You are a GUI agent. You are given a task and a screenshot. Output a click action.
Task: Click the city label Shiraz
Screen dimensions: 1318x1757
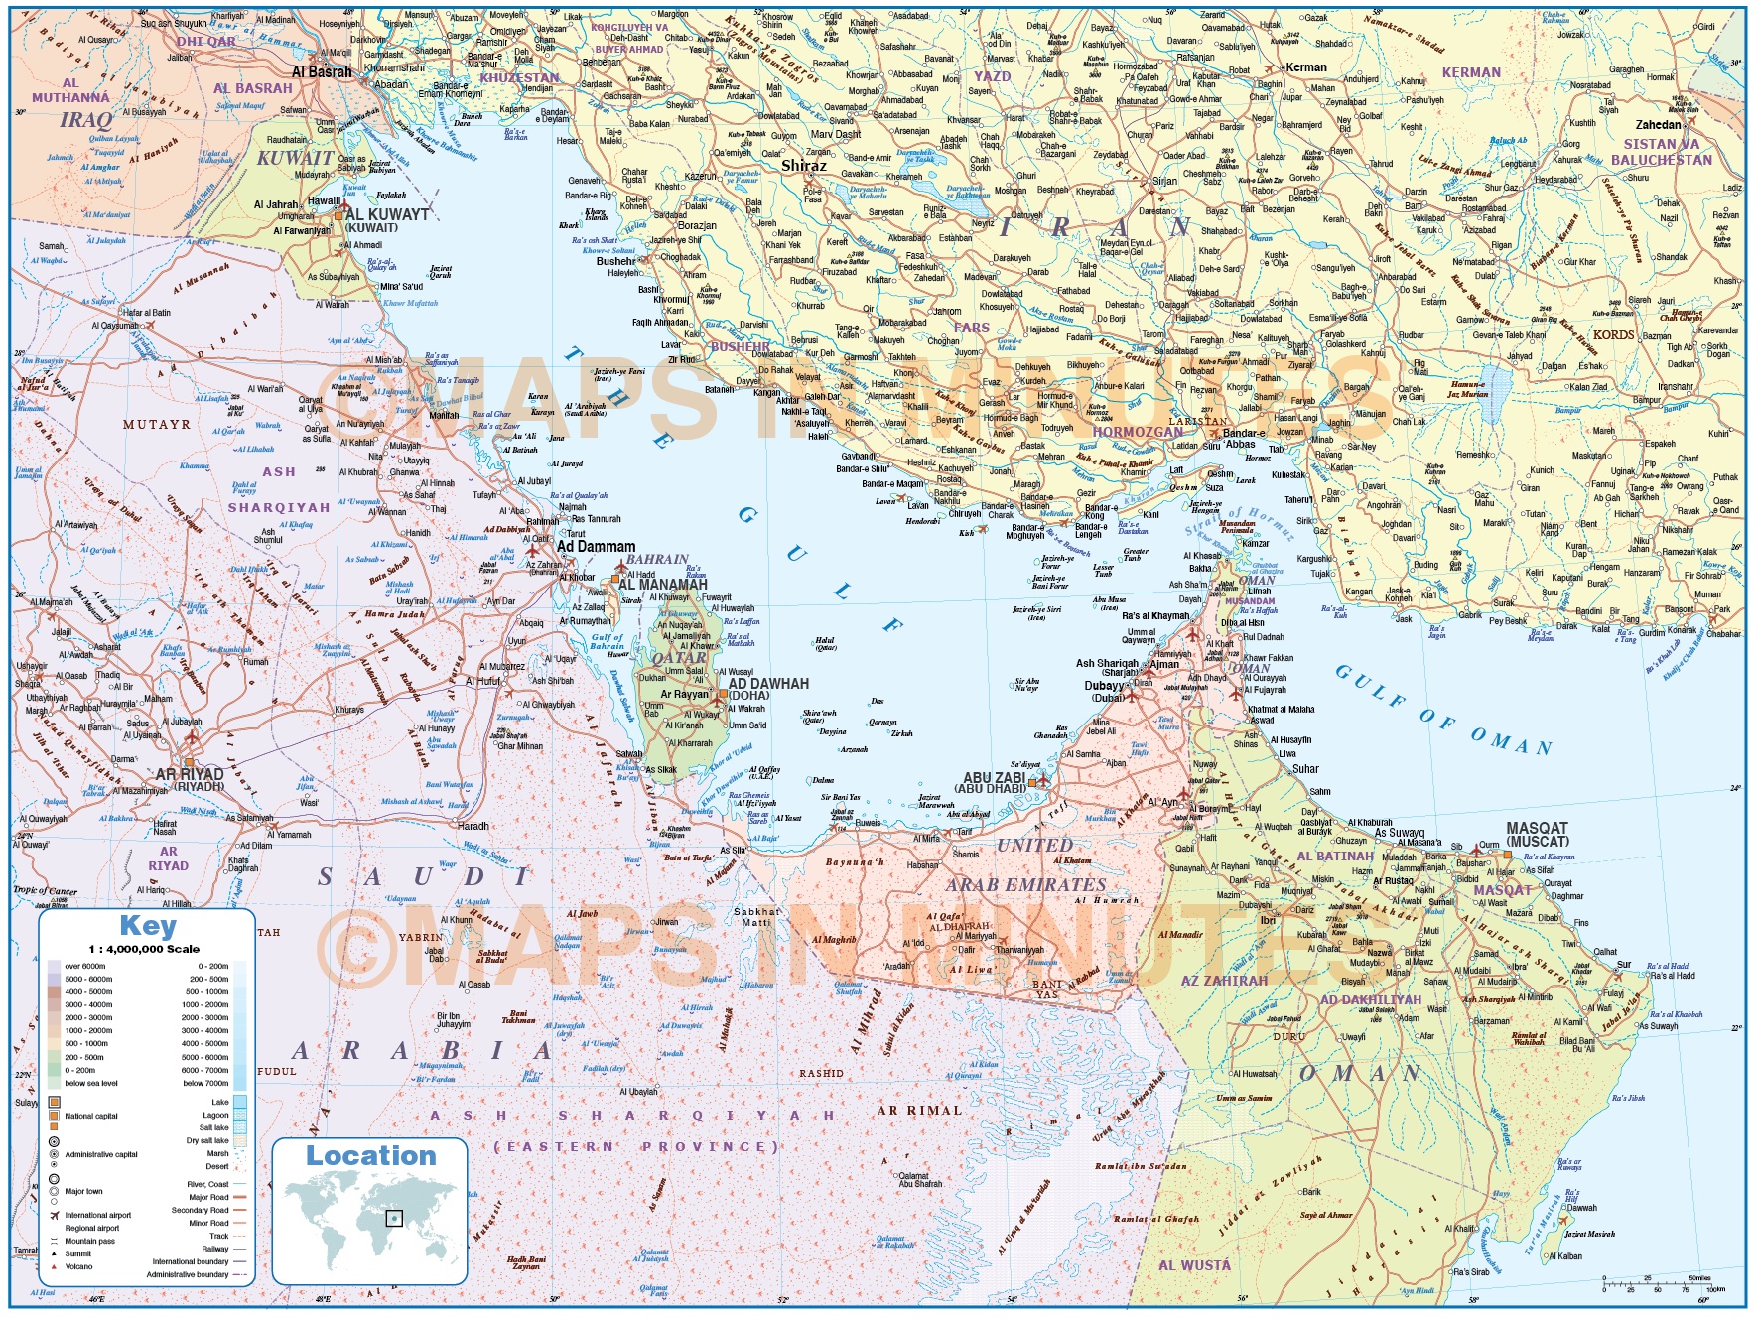pos(804,166)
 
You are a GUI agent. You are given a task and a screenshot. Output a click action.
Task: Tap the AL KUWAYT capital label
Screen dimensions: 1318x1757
pos(386,214)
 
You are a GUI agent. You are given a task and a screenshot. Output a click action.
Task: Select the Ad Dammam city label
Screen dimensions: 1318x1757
pos(596,546)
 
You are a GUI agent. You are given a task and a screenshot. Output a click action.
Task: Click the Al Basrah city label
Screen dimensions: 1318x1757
pos(322,72)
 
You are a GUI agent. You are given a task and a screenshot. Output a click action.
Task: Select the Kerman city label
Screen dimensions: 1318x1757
pos(1306,67)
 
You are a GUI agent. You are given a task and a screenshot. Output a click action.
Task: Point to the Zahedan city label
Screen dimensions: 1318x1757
pos(1659,125)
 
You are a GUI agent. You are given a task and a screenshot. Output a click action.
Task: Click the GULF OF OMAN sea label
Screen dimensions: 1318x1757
pos(1443,711)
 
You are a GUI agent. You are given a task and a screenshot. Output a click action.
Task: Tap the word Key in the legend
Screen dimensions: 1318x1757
pos(148,926)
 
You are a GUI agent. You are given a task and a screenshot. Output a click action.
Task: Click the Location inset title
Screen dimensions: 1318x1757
pos(370,1156)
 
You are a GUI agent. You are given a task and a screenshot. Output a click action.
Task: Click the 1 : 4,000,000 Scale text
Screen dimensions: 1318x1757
pos(144,949)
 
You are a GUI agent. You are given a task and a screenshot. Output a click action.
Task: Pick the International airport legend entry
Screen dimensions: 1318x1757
pos(97,1215)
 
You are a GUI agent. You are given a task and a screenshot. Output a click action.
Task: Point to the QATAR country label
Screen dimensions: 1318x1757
pos(679,658)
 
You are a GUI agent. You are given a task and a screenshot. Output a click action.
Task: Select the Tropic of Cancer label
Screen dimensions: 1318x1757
pos(45,890)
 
